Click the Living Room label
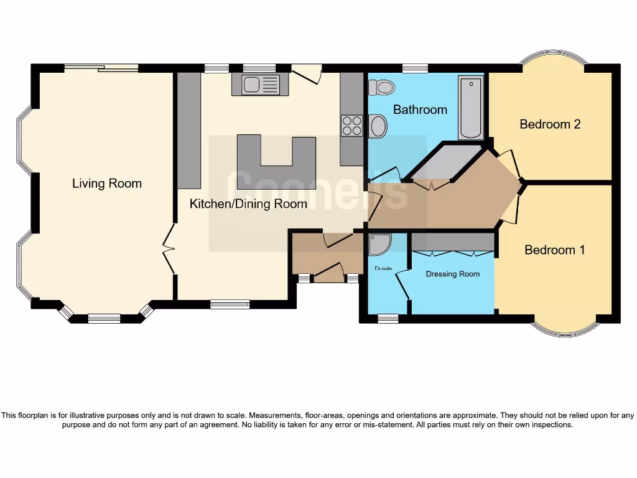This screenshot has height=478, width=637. [x=107, y=184]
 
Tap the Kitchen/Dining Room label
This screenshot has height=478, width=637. [x=248, y=204]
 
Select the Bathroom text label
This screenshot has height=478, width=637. [x=420, y=110]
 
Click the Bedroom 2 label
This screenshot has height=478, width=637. [x=550, y=124]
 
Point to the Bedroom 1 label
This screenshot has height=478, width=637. [x=554, y=250]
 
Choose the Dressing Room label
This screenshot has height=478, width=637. [x=453, y=274]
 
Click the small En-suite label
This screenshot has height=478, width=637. [x=382, y=269]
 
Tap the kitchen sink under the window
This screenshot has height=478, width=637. [x=259, y=85]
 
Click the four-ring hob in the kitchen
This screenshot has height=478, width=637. [x=352, y=126]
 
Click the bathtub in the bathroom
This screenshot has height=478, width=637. [x=470, y=108]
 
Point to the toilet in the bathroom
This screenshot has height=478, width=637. [x=381, y=87]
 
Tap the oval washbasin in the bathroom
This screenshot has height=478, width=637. [x=378, y=127]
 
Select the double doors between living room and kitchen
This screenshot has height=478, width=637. [x=168, y=249]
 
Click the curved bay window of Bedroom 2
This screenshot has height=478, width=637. [x=552, y=60]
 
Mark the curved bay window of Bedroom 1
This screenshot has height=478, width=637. [x=565, y=330]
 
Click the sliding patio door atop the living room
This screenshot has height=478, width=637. [x=101, y=68]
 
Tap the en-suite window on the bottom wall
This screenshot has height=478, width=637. [x=388, y=319]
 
